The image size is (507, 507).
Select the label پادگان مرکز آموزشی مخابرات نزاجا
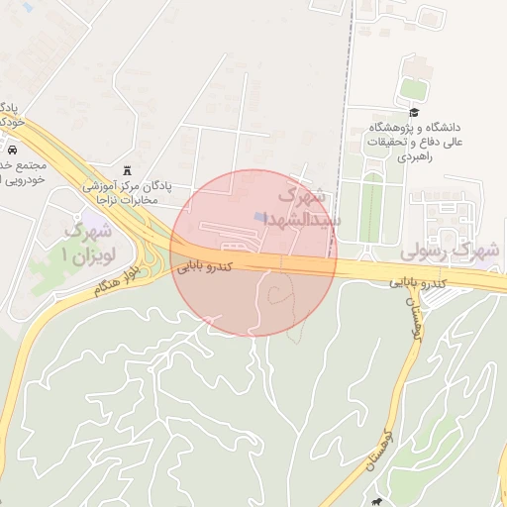[132, 193]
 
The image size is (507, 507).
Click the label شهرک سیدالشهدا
[308, 206]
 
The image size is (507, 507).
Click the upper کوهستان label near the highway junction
[413, 317]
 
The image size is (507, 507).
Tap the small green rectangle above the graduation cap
[412, 88]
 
